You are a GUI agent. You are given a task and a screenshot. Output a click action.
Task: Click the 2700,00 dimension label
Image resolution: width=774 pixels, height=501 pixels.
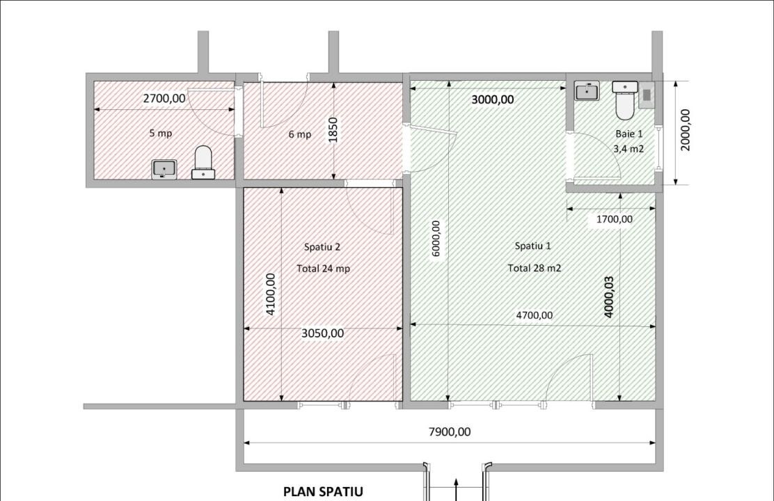click(164, 99)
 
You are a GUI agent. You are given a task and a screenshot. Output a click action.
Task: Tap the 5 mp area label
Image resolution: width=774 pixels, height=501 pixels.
click(160, 133)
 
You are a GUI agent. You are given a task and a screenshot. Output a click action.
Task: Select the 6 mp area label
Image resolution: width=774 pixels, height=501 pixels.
click(300, 134)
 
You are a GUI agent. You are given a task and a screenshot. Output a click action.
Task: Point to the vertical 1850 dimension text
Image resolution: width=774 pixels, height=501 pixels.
click(333, 129)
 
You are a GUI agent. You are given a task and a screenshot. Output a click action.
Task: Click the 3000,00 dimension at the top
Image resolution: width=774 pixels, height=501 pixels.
click(493, 100)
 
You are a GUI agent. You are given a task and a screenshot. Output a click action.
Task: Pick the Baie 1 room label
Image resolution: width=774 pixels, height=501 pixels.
click(629, 134)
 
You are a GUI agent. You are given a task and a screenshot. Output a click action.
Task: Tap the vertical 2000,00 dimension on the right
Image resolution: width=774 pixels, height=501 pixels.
click(685, 131)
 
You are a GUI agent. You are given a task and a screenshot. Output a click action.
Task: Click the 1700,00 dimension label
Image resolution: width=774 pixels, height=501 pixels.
click(615, 219)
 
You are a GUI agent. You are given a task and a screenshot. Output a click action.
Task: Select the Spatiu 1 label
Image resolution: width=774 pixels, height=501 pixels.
click(533, 246)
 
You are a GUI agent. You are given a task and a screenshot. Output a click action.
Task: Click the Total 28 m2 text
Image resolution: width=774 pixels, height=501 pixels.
click(535, 268)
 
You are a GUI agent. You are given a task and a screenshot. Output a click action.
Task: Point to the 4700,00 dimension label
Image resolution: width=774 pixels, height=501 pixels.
click(534, 315)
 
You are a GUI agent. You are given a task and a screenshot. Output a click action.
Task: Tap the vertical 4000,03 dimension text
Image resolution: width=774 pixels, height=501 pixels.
click(608, 296)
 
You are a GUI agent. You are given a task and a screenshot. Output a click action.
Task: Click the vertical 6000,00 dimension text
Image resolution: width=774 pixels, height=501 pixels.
click(436, 239)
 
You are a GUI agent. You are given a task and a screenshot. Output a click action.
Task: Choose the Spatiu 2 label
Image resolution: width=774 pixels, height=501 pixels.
click(322, 246)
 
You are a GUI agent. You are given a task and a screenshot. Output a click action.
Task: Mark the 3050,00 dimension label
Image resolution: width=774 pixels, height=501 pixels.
click(322, 333)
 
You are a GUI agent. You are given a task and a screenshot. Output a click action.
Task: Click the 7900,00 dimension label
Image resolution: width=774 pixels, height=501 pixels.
click(449, 432)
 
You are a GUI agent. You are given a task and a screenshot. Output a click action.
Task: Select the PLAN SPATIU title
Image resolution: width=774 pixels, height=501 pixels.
click(323, 491)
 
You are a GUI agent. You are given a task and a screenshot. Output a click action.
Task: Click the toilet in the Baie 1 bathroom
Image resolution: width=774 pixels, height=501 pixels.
click(624, 101)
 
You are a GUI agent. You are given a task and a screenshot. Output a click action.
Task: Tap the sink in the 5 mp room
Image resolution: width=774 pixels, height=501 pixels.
click(164, 169)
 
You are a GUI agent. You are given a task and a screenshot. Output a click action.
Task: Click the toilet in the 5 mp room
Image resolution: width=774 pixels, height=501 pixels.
click(203, 163)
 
